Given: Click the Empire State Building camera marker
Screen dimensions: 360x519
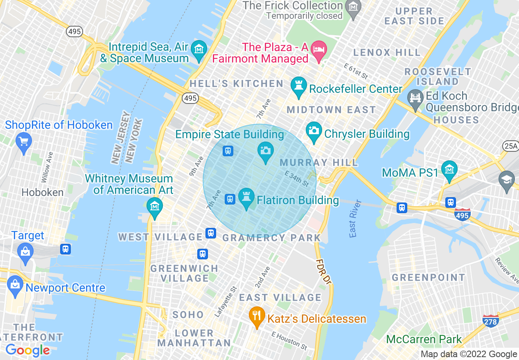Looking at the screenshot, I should coord(265,151).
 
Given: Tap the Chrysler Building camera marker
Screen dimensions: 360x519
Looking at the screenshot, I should coord(314,131).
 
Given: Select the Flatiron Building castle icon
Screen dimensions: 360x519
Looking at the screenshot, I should coord(246,196).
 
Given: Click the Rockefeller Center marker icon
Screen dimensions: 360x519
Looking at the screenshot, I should coord(298,85).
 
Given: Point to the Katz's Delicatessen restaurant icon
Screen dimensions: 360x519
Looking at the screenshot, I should coord(257,315).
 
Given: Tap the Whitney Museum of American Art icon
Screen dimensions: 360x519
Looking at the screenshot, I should coord(155,206).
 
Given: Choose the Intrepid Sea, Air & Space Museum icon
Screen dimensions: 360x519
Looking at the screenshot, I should coord(199,49).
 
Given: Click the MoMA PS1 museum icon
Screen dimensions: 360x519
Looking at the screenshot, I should coord(449,170).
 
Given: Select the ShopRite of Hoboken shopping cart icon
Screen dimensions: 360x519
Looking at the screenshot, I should coord(23,142).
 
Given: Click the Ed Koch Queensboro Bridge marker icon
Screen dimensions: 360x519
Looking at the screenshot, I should coord(415,99).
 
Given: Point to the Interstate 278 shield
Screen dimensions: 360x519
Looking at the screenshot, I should coord(490,321).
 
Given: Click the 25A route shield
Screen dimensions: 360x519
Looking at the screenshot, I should coord(510,146).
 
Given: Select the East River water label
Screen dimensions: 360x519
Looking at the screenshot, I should coord(355,218).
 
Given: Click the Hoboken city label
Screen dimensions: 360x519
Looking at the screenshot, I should coord(43,192).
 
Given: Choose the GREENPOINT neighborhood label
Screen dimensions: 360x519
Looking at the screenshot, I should coord(429,277).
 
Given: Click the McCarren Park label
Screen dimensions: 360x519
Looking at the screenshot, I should coord(424,339).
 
